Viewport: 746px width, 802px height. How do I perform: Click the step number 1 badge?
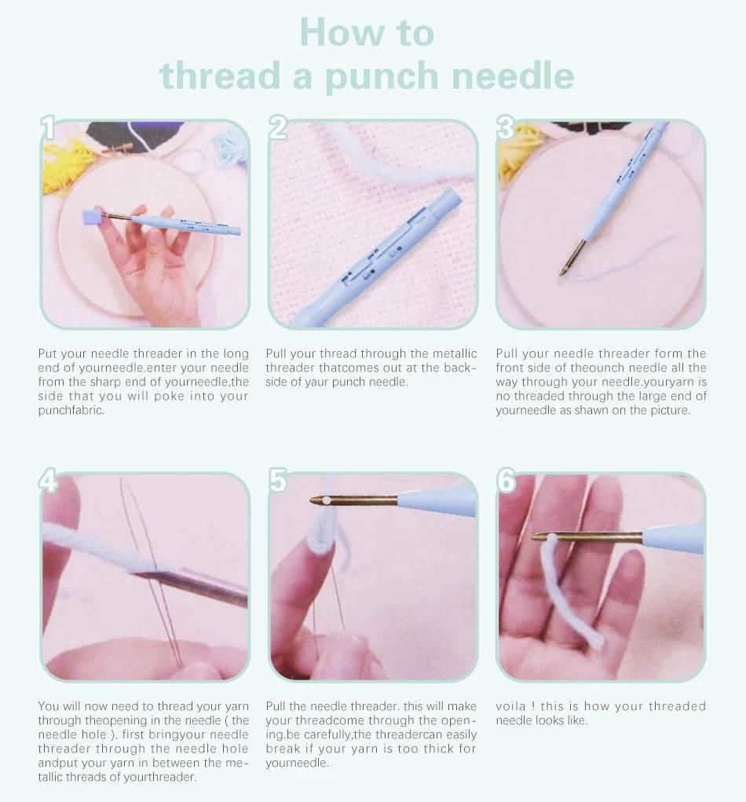[x=49, y=128]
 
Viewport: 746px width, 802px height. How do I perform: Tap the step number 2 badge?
[x=278, y=128]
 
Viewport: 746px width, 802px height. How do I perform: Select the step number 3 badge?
[x=506, y=128]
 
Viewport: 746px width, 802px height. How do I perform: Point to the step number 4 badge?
[x=49, y=480]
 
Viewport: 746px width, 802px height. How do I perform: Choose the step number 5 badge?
[x=278, y=480]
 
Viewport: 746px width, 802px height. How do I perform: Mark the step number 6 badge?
[x=506, y=480]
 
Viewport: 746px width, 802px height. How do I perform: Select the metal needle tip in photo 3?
[x=572, y=258]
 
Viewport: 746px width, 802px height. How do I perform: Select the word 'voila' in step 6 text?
[x=509, y=706]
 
